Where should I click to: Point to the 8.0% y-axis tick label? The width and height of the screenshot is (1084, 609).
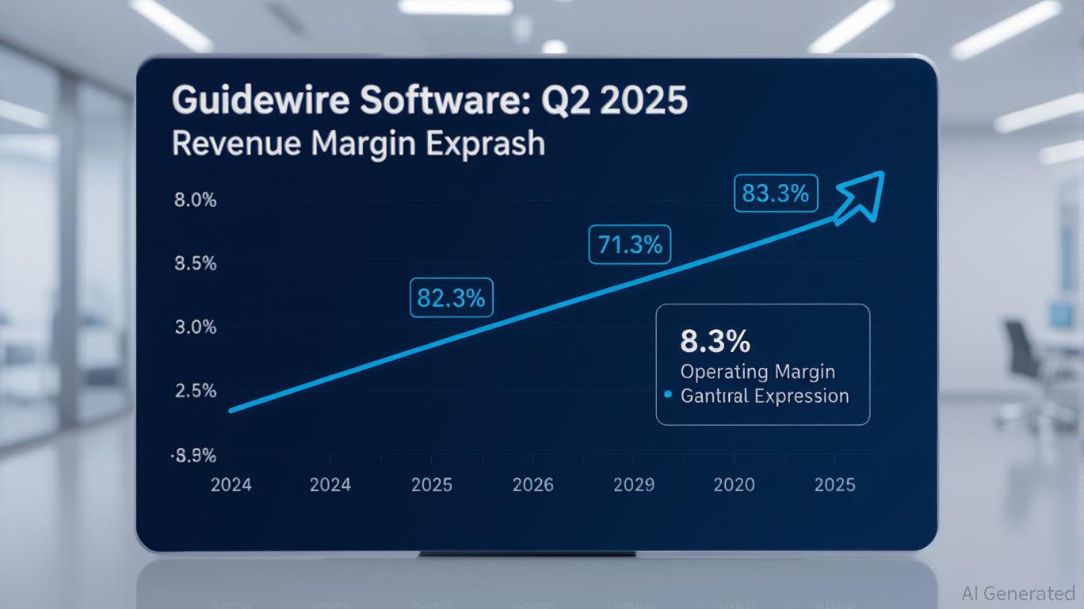tap(195, 200)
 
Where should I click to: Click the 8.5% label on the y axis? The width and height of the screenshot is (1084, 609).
tap(195, 264)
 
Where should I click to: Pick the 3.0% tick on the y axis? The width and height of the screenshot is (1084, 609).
tap(195, 327)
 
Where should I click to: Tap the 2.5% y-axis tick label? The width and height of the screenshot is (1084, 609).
tap(195, 391)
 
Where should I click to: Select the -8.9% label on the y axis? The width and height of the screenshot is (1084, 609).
tap(193, 456)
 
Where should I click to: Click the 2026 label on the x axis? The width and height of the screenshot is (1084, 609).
tap(532, 485)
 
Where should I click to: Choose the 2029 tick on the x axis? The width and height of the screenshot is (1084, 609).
tap(634, 485)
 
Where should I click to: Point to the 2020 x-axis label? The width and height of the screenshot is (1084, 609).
tap(734, 485)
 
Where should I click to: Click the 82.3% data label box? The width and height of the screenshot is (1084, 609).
tap(451, 298)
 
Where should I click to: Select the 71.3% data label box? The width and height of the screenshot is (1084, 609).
tap(630, 244)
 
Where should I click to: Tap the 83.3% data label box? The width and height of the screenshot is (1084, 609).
tap(776, 193)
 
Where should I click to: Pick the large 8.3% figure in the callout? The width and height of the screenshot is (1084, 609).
tap(715, 342)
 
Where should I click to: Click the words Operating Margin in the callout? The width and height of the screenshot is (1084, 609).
tap(758, 371)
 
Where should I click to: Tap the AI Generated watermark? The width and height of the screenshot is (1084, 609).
tap(1017, 593)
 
